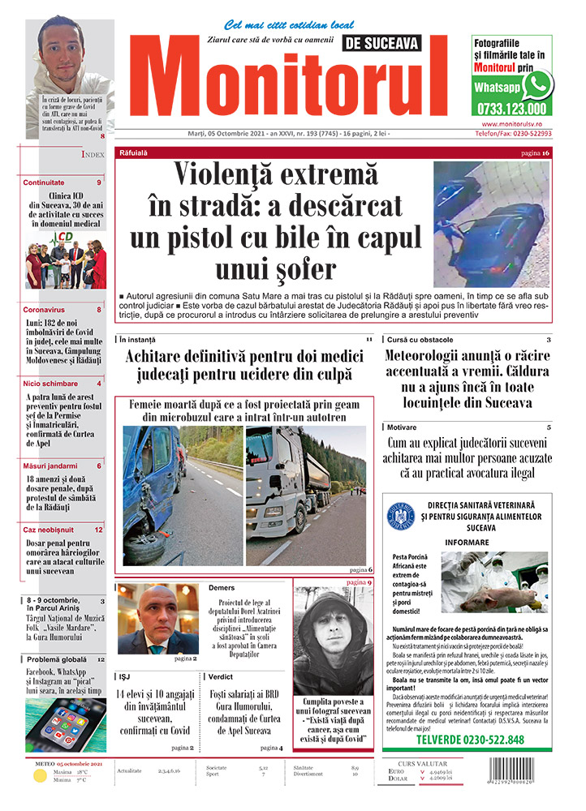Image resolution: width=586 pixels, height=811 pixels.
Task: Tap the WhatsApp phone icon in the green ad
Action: [x=536, y=84]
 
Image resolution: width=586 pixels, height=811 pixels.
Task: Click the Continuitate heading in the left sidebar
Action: [x=44, y=183]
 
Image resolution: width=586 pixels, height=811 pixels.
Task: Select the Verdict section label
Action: [x=221, y=676]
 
